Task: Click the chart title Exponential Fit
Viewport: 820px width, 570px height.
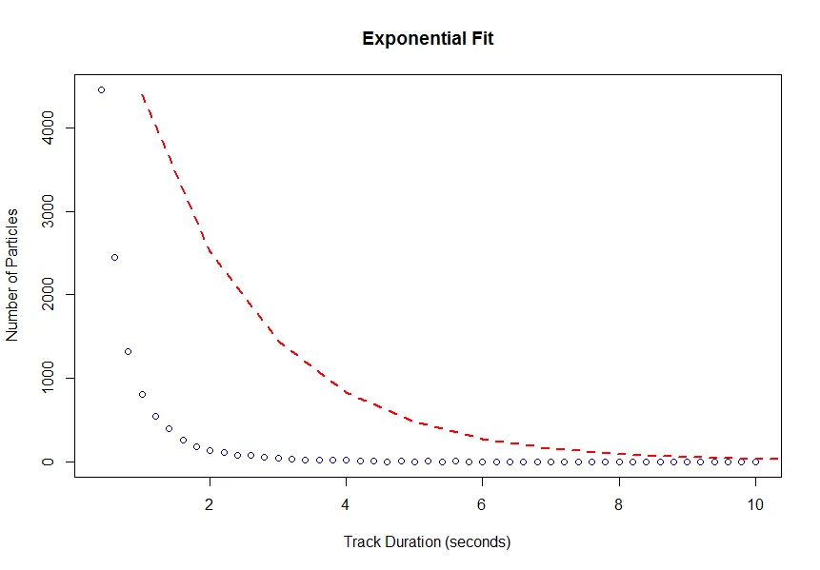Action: [x=428, y=39]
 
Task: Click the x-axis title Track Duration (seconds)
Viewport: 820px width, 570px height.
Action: [x=427, y=542]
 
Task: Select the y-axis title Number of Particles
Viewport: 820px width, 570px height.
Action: [x=13, y=273]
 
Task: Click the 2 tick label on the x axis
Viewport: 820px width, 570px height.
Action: [x=210, y=504]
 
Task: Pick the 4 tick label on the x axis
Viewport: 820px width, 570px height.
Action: [x=347, y=504]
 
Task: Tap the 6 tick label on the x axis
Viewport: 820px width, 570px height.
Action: [x=483, y=504]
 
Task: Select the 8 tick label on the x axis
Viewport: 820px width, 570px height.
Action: [x=619, y=504]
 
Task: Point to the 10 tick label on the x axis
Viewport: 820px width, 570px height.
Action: [x=755, y=504]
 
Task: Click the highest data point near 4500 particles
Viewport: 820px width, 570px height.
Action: [x=101, y=89]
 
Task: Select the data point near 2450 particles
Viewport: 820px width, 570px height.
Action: [x=114, y=257]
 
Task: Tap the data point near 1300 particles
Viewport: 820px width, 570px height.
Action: [x=128, y=351]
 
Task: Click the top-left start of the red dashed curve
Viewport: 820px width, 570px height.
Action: [x=142, y=95]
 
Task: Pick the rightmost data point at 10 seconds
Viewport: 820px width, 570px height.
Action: [x=755, y=462]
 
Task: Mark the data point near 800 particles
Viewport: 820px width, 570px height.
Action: [x=142, y=394]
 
